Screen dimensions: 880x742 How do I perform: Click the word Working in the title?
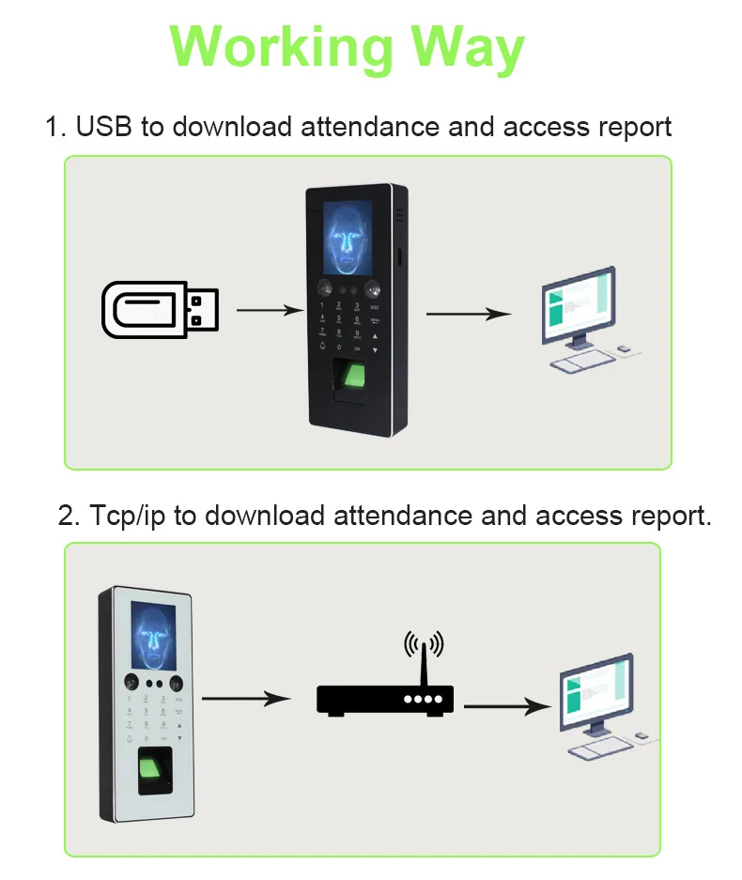[283, 46]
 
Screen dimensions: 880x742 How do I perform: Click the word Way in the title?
[466, 46]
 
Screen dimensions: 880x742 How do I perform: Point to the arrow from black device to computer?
[469, 314]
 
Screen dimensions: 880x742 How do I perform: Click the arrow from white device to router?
[244, 699]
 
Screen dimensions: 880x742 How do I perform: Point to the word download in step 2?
[264, 516]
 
